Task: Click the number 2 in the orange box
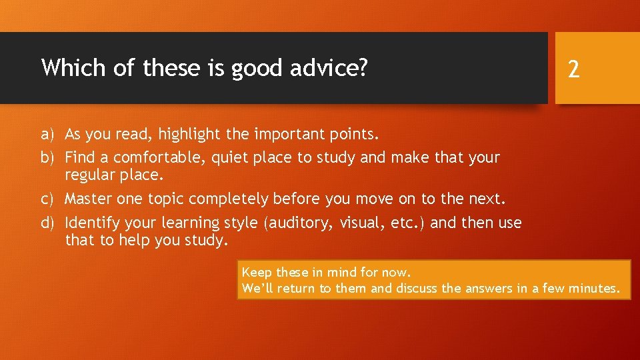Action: click(x=573, y=69)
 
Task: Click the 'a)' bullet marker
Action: click(x=47, y=135)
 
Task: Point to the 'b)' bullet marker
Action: click(x=47, y=157)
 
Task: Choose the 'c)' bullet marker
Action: click(x=47, y=199)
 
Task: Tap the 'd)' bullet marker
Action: click(x=47, y=223)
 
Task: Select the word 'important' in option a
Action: click(x=289, y=135)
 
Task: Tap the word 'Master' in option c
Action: click(x=88, y=199)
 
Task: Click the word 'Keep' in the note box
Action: click(x=257, y=272)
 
